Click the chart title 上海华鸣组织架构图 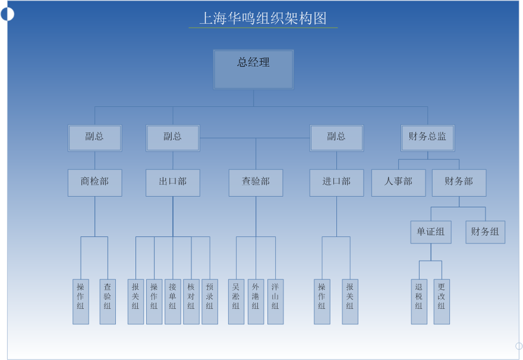coord(263,18)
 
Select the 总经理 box coord(253,70)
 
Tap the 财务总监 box coord(427,138)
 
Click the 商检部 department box coord(94,182)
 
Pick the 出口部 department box coord(173,182)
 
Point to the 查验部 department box coord(256,182)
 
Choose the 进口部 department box coord(336,182)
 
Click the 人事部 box coord(398,182)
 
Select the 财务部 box coord(459,182)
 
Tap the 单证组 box coord(431,232)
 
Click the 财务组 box coord(485,232)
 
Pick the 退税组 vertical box coord(419,301)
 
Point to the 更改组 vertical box coord(442,301)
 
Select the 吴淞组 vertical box coord(236,301)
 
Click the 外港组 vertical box coord(256,301)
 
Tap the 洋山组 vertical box coord(275,301)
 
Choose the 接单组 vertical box coord(172,301)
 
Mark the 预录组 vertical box coord(210,301)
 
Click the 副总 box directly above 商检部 coord(94,138)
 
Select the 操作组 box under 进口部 coord(322,301)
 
